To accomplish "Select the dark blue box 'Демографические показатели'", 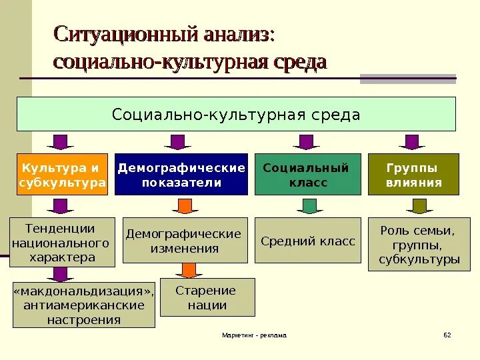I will [181, 175].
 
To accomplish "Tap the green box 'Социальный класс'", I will [307, 175].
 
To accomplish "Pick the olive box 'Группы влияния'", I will [413, 175].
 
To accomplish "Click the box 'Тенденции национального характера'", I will [61, 242].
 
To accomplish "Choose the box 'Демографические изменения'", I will [183, 241].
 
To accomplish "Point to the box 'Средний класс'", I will [307, 241].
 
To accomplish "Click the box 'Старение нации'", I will [206, 297].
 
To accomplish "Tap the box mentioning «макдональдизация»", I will [84, 305].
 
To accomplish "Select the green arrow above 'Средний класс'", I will [307, 207].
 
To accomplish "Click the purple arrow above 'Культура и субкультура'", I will [60, 142].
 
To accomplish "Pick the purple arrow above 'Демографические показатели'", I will [177, 142].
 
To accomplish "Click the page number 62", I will [447, 335].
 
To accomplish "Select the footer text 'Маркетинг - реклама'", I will [254, 335].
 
